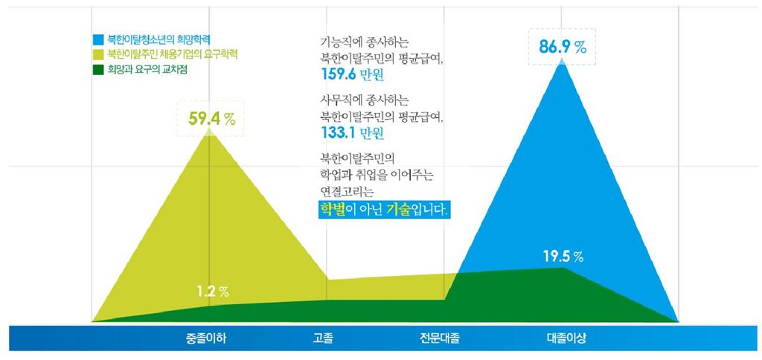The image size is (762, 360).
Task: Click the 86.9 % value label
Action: (563, 47)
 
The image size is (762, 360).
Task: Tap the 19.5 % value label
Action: (563, 257)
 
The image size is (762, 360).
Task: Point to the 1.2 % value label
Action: (211, 291)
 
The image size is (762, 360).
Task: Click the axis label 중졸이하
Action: (207, 338)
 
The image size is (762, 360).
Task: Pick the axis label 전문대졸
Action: (439, 338)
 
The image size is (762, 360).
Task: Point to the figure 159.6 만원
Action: (348, 74)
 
